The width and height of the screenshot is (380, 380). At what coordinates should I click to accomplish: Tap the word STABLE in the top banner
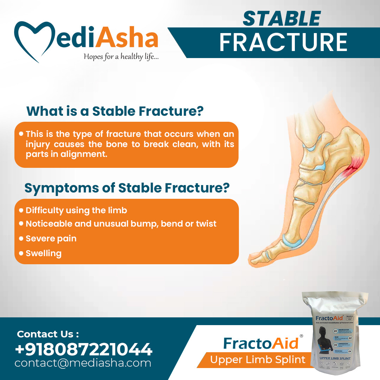point(281,18)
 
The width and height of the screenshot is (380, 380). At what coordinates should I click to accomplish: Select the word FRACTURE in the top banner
point(283,42)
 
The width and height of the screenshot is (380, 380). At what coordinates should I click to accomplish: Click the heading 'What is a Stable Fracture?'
point(115,111)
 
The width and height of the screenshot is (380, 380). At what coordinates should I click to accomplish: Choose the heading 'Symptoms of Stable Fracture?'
point(127,188)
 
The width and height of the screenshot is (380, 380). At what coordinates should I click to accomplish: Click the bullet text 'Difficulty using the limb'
point(76,210)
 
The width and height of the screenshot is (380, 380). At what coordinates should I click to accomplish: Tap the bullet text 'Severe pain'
point(51,239)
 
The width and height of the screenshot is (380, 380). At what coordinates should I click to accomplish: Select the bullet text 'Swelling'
point(44,253)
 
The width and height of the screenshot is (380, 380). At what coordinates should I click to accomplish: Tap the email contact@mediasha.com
point(83,363)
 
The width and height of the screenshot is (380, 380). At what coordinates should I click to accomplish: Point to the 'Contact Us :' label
point(48,334)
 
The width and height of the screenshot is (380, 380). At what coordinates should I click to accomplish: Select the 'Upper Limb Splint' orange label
point(258,360)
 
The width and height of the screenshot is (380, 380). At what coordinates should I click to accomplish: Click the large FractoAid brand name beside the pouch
point(260,343)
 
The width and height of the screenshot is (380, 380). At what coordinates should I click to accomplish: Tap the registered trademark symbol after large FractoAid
point(301,336)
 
